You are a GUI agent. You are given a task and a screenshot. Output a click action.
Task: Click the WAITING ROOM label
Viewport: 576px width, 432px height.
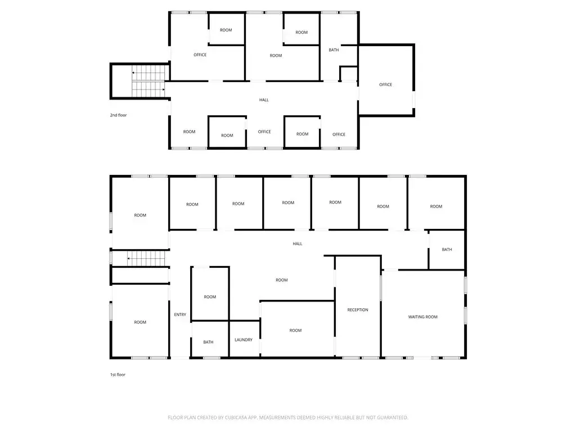point(423,317)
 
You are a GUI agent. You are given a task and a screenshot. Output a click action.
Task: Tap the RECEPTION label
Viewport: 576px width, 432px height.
point(358,310)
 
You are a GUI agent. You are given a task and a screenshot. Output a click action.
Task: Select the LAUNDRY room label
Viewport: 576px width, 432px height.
point(244,340)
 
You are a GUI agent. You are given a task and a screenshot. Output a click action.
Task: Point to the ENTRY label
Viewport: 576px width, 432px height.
point(180,314)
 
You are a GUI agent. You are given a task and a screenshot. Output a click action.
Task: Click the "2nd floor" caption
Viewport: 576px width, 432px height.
point(118,115)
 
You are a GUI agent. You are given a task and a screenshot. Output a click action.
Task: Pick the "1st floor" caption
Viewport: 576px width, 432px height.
point(118,375)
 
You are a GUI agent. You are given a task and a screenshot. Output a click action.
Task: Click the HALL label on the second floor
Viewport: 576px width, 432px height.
point(264,100)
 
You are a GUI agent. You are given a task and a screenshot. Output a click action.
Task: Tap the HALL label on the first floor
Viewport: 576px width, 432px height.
point(298,244)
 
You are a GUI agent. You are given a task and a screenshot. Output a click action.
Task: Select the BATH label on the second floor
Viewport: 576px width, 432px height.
point(334,50)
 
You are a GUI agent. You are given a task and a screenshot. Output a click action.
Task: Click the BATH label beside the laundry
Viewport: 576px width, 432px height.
point(208,342)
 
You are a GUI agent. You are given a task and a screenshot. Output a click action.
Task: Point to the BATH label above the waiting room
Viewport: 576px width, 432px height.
point(447,249)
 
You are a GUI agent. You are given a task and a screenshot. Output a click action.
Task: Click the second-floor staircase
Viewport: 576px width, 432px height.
point(148,81)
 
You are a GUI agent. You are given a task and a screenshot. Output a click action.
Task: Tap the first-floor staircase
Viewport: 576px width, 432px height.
point(146,259)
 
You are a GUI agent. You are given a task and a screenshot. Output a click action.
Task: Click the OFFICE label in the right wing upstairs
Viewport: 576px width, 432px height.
point(386,84)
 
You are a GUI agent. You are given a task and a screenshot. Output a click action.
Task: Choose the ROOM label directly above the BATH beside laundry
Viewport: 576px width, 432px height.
point(210,297)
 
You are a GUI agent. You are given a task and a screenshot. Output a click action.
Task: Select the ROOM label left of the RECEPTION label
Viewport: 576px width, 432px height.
point(295,330)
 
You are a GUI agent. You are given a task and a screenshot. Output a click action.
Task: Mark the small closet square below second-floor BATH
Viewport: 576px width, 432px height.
point(349,74)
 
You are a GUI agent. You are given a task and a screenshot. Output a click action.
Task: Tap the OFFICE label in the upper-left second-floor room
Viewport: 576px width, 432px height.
point(200,55)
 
